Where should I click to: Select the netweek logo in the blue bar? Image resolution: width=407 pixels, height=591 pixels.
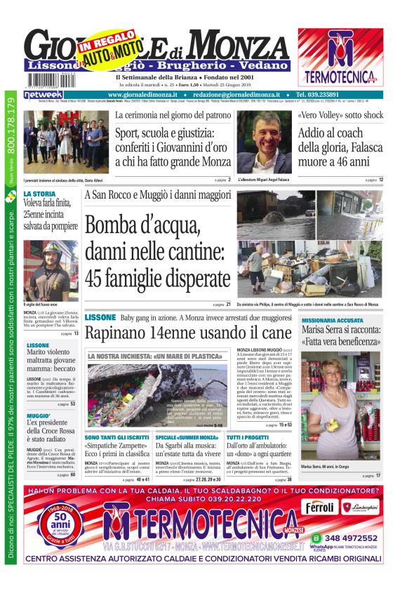(44, 94)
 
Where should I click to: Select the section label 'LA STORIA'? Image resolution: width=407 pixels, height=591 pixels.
(39, 194)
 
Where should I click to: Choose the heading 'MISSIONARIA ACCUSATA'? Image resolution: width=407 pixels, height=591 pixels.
(332, 320)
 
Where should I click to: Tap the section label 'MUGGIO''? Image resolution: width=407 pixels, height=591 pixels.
(39, 416)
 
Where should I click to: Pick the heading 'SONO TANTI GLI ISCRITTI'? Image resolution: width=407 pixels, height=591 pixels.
(116, 437)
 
